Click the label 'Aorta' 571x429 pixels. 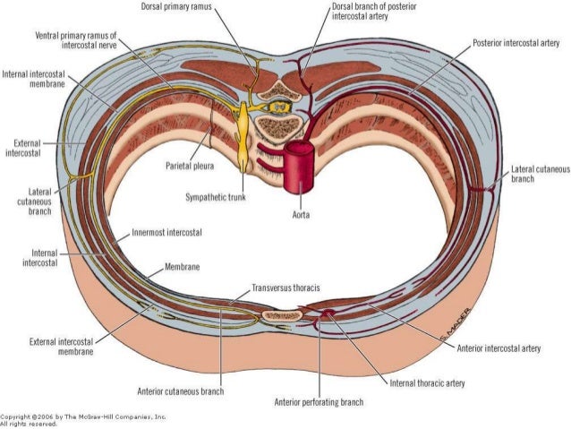(x=302, y=215)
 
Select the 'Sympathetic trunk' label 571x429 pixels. (x=216, y=196)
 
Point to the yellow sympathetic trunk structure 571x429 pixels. (x=244, y=143)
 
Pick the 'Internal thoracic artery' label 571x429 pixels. (x=427, y=383)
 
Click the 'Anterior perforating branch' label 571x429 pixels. (x=319, y=402)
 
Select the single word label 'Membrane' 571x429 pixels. (x=181, y=268)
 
